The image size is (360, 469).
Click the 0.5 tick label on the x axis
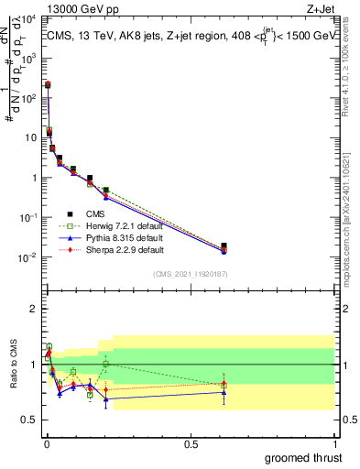[191, 442]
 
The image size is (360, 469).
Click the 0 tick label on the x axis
[46, 442]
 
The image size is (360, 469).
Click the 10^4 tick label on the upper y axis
[27, 19]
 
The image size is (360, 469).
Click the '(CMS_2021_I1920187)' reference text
[190, 274]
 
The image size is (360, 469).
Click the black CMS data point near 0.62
[224, 246]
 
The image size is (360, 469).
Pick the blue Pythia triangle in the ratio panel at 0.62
[224, 393]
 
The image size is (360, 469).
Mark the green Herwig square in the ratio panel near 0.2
[106, 364]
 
